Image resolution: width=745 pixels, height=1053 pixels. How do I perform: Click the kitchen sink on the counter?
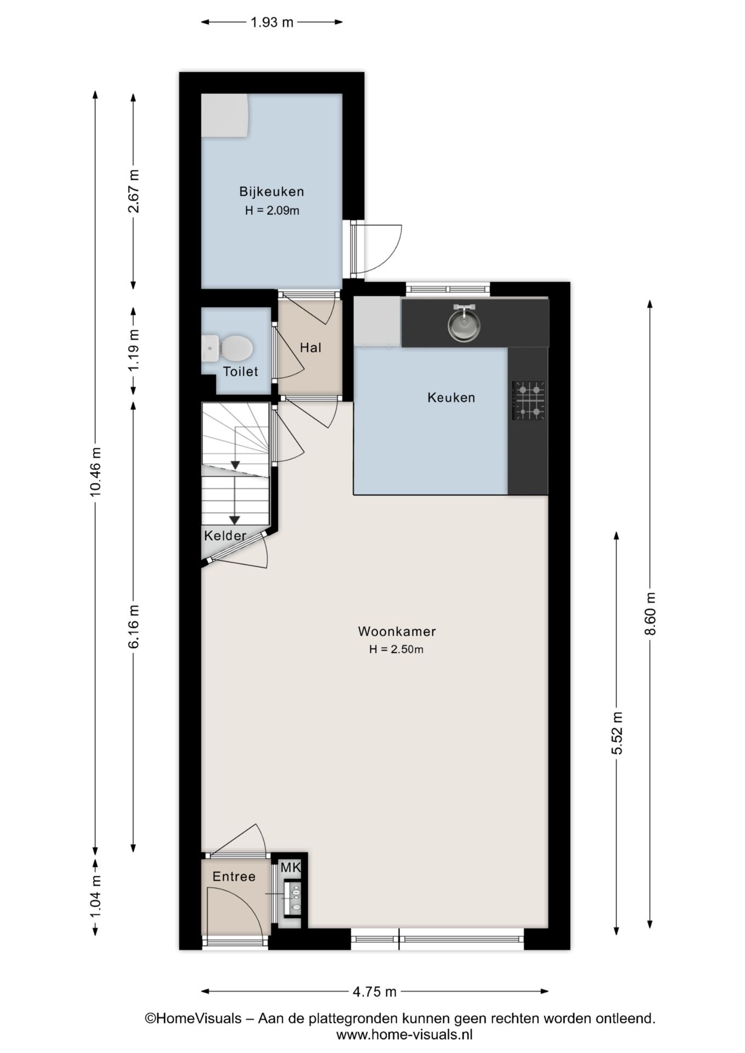pyautogui.click(x=464, y=324)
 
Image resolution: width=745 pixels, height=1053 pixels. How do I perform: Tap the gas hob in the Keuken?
pyautogui.click(x=529, y=401)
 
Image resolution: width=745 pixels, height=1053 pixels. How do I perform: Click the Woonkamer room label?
pyautogui.click(x=397, y=631)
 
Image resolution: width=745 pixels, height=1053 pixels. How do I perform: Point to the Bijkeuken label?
pyautogui.click(x=272, y=191)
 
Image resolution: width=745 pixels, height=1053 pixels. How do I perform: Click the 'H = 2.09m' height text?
pyautogui.click(x=272, y=211)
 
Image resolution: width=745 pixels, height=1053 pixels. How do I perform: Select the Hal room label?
pyautogui.click(x=311, y=348)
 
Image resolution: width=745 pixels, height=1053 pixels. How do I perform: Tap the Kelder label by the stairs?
pyautogui.click(x=225, y=536)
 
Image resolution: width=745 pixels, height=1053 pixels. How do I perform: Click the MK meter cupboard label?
pyautogui.click(x=291, y=868)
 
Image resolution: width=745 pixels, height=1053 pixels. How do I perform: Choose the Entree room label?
pyautogui.click(x=234, y=876)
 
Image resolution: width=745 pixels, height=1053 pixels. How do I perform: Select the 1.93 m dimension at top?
pyautogui.click(x=272, y=22)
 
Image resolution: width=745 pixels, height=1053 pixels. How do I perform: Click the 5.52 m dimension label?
pyautogui.click(x=617, y=733)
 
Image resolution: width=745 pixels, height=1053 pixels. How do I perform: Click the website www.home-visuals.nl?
pyautogui.click(x=404, y=1034)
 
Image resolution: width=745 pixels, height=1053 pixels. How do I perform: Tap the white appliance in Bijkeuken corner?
pyautogui.click(x=225, y=116)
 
